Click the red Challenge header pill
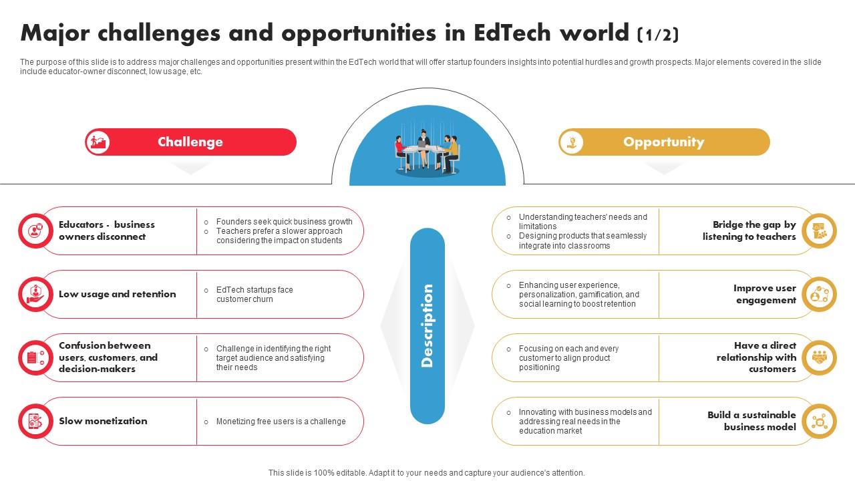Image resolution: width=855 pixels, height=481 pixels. pyautogui.click(x=190, y=142)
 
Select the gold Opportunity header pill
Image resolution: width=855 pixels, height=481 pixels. pyautogui.click(x=664, y=142)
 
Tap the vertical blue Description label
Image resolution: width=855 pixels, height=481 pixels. pyautogui.click(x=427, y=325)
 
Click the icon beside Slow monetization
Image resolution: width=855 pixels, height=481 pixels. pyautogui.click(x=35, y=421)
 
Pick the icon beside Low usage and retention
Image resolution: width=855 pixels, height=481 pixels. pyautogui.click(x=35, y=295)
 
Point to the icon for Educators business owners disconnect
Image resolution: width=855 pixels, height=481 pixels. pyautogui.click(x=35, y=230)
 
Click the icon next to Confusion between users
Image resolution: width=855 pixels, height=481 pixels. pyautogui.click(x=35, y=357)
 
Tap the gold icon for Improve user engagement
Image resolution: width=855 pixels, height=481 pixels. pyautogui.click(x=819, y=295)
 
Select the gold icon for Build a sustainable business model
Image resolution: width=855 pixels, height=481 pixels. pyautogui.click(x=819, y=421)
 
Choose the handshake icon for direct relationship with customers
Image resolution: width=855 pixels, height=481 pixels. pyautogui.click(x=819, y=357)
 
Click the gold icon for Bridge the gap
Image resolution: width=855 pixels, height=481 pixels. pyautogui.click(x=819, y=230)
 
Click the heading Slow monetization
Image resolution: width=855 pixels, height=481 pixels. pyautogui.click(x=103, y=421)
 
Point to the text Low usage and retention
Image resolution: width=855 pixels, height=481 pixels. pyautogui.click(x=117, y=295)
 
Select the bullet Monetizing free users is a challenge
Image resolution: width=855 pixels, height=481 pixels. pyautogui.click(x=281, y=422)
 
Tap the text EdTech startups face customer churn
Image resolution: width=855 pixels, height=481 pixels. pyautogui.click(x=254, y=295)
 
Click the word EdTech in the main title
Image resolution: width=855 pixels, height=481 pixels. pyautogui.click(x=512, y=33)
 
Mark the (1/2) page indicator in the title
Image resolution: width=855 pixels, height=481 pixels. pyautogui.click(x=658, y=35)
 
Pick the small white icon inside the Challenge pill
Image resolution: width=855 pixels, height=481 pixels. pyautogui.click(x=98, y=142)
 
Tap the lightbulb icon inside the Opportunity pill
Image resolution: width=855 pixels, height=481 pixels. pyautogui.click(x=571, y=142)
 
